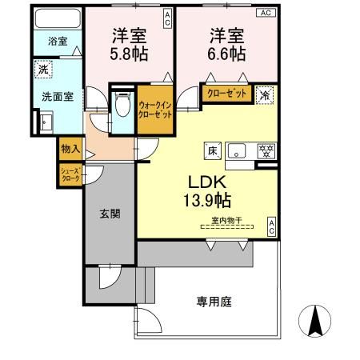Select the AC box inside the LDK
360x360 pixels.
coord(271,225)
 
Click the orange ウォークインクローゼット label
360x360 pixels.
coord(154,110)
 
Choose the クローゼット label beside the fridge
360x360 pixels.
coord(227,93)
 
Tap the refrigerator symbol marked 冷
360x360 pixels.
coord(265,94)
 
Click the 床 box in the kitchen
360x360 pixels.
coord(214,149)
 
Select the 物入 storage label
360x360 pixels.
coord(70,149)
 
